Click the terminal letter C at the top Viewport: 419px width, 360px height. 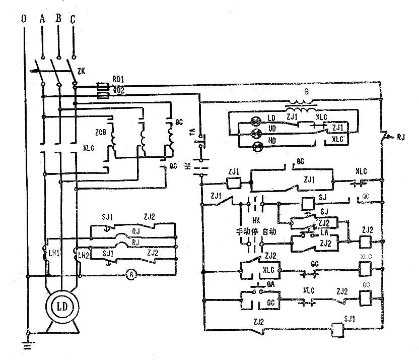pos(74,20)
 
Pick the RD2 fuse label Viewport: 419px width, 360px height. pos(119,91)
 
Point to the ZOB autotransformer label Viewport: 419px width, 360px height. pos(101,133)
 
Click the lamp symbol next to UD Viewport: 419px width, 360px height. pos(254,133)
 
